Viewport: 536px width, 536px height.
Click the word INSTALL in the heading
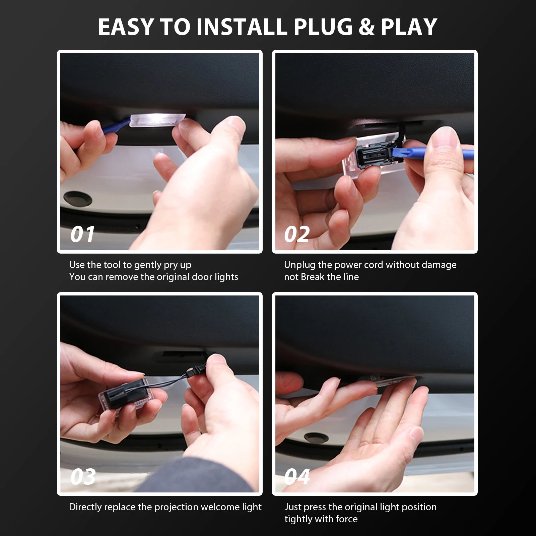[x=242, y=27]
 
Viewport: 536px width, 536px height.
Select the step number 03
[x=83, y=476]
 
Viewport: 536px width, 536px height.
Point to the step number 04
[x=297, y=476]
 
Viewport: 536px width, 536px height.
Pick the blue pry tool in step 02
[x=435, y=152]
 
